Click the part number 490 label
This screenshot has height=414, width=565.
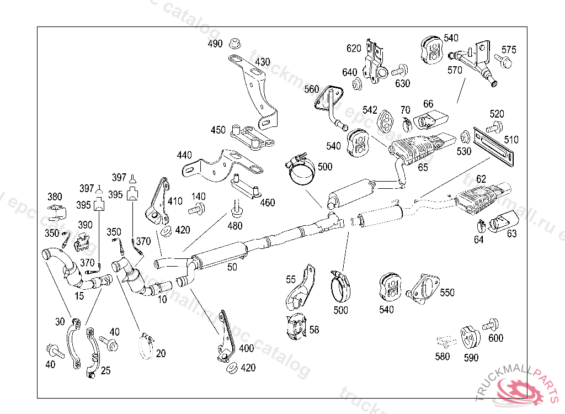(215, 44)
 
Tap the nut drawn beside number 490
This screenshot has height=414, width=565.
(235, 43)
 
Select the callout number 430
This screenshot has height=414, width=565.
(262, 62)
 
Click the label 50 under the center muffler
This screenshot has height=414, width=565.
(232, 267)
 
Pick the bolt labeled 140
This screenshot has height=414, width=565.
(197, 209)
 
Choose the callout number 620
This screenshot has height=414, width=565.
(354, 49)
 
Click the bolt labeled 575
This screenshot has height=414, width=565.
(503, 61)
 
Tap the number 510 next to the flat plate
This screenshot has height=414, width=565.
(511, 140)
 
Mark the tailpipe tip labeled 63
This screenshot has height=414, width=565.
(504, 220)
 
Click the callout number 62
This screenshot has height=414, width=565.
(481, 179)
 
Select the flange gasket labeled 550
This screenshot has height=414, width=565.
(423, 289)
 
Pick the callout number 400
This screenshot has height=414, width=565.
(247, 348)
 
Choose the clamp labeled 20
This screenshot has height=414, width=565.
(146, 346)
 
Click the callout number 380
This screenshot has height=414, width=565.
(55, 197)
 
